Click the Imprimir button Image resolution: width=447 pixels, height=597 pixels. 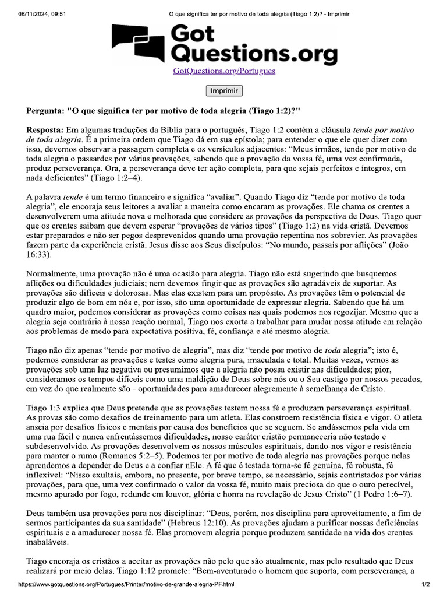click(x=224, y=91)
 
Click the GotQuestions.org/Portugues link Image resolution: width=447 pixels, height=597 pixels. click(x=224, y=71)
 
